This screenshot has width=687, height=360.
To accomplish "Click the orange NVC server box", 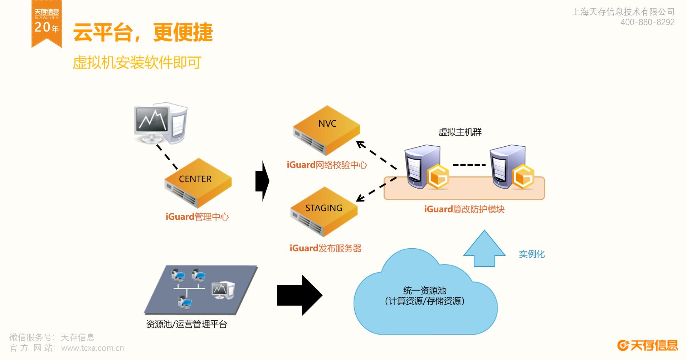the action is pos(326,130).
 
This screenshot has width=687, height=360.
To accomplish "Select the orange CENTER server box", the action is pos(198,183).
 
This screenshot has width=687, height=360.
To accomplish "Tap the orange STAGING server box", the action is pos(324,211).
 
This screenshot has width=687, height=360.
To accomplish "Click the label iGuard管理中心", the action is pos(197,217).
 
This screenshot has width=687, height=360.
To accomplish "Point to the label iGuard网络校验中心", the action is pos(327,165).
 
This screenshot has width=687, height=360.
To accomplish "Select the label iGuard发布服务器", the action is pos(326,248).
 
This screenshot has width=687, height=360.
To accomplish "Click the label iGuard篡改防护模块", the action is pos(464,209).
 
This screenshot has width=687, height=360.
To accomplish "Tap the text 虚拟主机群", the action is pos(460,132).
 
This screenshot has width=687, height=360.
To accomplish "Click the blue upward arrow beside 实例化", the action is pos(484,248).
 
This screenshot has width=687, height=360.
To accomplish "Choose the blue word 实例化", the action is pos(532,254).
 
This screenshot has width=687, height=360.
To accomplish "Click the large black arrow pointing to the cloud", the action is pos(299,295).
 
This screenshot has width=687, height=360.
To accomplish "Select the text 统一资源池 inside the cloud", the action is pos(425,291).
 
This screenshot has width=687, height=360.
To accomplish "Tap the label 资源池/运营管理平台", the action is pos(187,324).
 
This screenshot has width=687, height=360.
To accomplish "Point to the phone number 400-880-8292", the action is pos(648,22).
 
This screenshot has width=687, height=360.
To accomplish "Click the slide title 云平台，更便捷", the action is pos(143,32).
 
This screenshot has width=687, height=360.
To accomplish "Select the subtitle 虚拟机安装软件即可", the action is pos(137,63).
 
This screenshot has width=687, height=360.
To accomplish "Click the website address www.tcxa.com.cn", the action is pos(93,348).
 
